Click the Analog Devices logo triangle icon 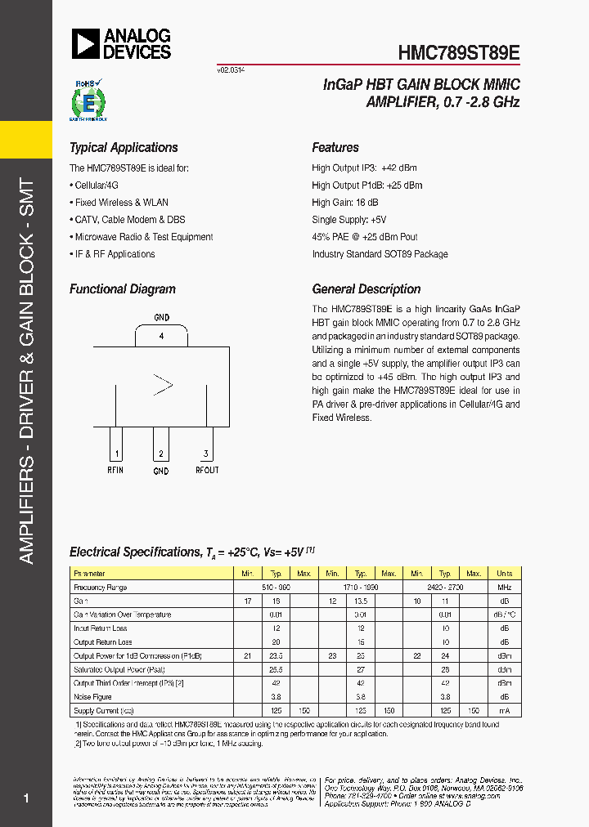click(84, 43)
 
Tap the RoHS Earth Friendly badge click(85, 101)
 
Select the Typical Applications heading click(124, 148)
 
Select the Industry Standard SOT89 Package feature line click(380, 254)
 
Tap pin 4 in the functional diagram click(162, 336)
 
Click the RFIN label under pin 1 click(116, 470)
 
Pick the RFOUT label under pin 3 click(206, 470)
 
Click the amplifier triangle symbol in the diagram click(164, 384)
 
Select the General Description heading click(366, 289)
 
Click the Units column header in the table click(504, 574)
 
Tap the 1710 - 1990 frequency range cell click(361, 588)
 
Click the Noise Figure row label click(93, 697)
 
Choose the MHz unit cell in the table click(504, 588)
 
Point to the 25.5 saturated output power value click(277, 669)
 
